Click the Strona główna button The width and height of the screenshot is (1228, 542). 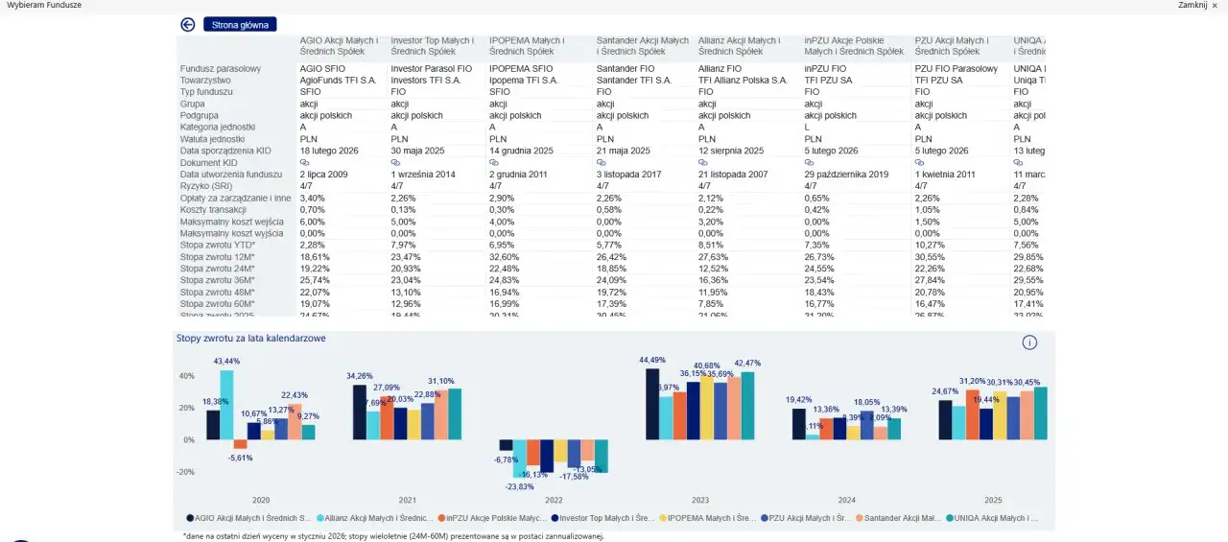coord(240,25)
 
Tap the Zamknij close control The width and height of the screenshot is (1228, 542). coord(1198,6)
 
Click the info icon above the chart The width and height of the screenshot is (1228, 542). coord(1029,342)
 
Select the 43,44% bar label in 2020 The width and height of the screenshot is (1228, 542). coord(227,362)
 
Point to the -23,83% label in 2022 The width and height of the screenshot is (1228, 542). coord(520,486)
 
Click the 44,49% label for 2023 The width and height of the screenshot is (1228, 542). coord(652,360)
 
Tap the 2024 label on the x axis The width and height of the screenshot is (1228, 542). coord(847,501)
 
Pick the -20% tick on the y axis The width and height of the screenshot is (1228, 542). coord(186,472)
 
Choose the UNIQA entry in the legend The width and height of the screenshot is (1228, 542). coord(992,518)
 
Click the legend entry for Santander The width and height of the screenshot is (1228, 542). coord(903,518)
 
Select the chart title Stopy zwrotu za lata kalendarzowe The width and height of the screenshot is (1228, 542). coord(250,339)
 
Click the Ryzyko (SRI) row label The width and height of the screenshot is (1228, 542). coord(208,186)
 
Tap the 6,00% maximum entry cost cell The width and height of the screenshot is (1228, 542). coord(313,222)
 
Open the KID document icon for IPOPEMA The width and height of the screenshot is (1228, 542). coord(493,163)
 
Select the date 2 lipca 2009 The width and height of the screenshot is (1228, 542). coord(323,175)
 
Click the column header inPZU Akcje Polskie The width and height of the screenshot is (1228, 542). coord(854,46)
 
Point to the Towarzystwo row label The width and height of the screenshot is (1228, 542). coord(205,81)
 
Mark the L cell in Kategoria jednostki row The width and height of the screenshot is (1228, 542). coord(807,128)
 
